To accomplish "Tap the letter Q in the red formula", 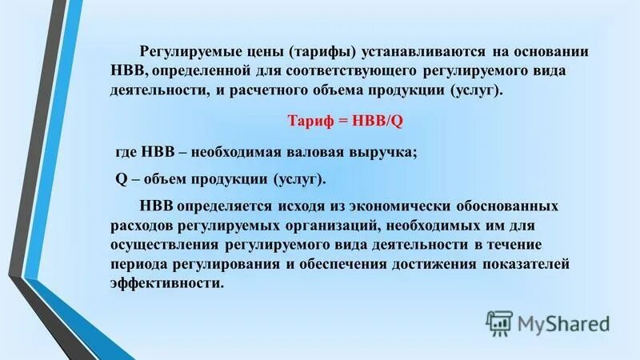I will pos(405,121).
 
